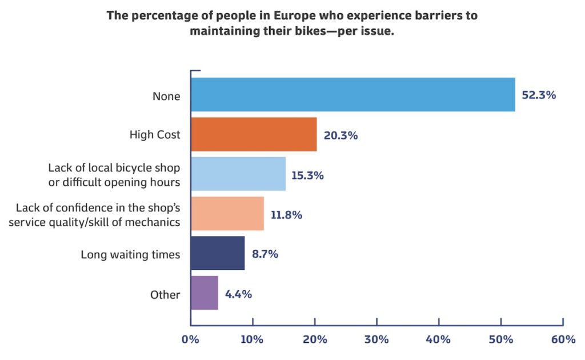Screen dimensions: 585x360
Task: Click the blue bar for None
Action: (353, 95)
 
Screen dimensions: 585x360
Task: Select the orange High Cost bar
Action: (254, 134)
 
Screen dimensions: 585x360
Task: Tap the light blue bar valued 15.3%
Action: (238, 174)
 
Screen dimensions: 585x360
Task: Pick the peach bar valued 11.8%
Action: (227, 213)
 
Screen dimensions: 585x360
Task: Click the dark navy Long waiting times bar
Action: (218, 253)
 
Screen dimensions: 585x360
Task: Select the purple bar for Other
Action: (205, 293)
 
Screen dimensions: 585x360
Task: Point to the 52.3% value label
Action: (539, 95)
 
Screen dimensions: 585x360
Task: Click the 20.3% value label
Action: (340, 135)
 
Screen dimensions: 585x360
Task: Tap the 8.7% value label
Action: (265, 254)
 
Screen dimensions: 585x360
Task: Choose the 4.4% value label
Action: (238, 294)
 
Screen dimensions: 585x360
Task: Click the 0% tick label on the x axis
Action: (190, 339)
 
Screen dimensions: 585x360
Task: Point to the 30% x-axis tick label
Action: (376, 339)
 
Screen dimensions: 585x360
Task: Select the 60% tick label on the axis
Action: (563, 339)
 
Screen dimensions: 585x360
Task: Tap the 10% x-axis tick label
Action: (252, 339)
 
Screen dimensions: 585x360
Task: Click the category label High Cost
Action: (155, 134)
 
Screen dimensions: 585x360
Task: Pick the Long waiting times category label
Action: (131, 255)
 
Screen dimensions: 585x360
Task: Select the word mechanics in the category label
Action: (152, 222)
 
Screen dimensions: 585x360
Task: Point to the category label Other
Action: (165, 295)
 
